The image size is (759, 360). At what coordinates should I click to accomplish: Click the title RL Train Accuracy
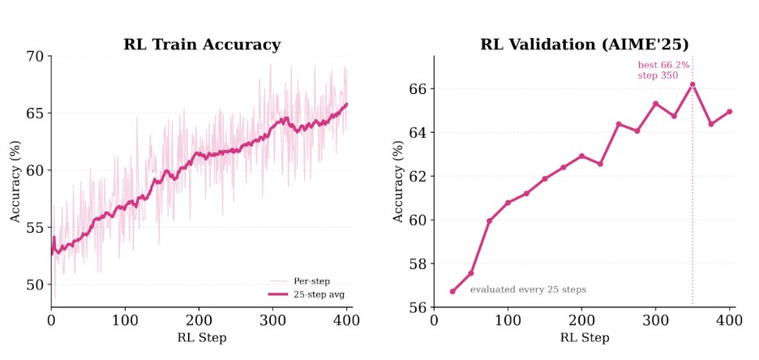pyautogui.click(x=202, y=45)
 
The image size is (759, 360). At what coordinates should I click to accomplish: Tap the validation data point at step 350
pyautogui.click(x=693, y=84)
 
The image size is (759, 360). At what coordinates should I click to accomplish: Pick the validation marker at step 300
pyautogui.click(x=655, y=104)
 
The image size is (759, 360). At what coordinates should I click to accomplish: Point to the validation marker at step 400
pyautogui.click(x=729, y=111)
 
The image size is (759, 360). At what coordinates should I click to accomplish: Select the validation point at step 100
pyautogui.click(x=508, y=203)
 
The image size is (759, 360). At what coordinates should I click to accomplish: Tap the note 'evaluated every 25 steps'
pyautogui.click(x=528, y=289)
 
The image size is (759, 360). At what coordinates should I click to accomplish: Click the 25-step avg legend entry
pyautogui.click(x=311, y=294)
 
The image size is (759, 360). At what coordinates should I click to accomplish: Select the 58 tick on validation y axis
pyautogui.click(x=417, y=264)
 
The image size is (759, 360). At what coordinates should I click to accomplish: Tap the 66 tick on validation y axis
pyautogui.click(x=417, y=88)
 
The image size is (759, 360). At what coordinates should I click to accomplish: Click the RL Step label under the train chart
pyautogui.click(x=202, y=337)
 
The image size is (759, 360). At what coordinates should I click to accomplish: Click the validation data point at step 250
pyautogui.click(x=619, y=124)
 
